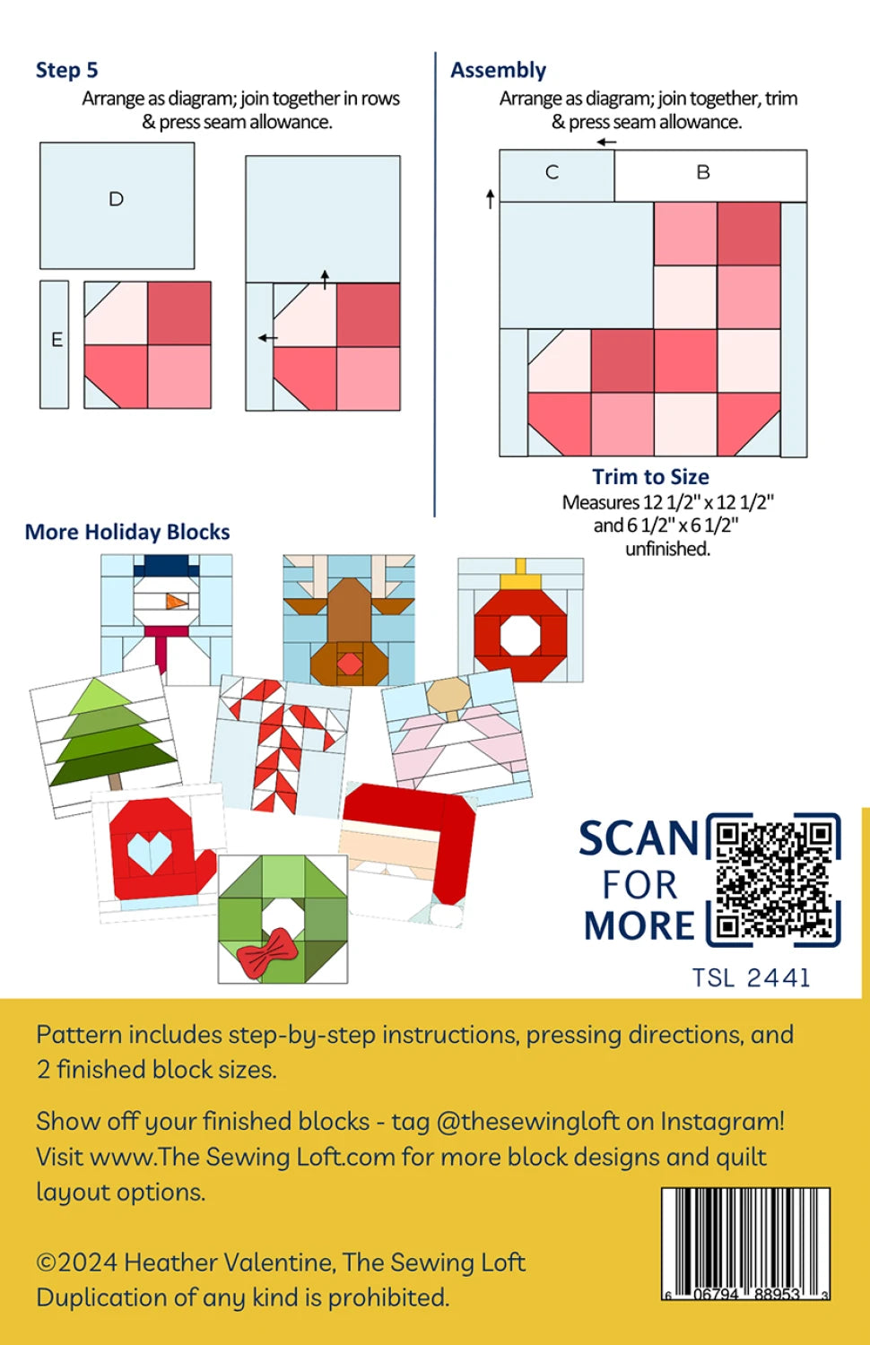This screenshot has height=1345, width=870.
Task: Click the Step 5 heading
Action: point(66,70)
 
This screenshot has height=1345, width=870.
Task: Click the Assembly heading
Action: point(499,71)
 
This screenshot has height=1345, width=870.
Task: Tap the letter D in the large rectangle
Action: point(116,199)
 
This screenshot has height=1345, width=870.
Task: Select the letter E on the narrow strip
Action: point(57,340)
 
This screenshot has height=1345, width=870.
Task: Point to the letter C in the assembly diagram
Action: point(552,172)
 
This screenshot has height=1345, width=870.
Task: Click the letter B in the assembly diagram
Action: point(703,172)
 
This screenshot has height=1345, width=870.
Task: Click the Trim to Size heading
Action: point(651,477)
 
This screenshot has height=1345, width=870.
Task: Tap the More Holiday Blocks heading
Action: point(127,532)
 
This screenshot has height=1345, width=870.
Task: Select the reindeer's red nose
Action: point(350,664)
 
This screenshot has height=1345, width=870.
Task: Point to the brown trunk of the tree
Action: point(116,781)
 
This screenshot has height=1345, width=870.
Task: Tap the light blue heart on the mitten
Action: point(150,853)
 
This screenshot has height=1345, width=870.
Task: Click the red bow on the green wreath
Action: point(264,953)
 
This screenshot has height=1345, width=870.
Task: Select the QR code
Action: point(773,880)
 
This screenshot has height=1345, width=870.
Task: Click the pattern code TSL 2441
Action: point(751,978)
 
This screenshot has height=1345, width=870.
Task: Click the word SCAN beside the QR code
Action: point(639,838)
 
